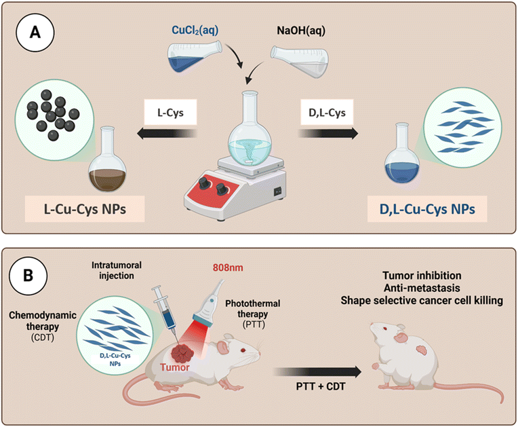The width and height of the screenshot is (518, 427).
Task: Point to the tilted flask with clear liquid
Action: coord(298,59)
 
